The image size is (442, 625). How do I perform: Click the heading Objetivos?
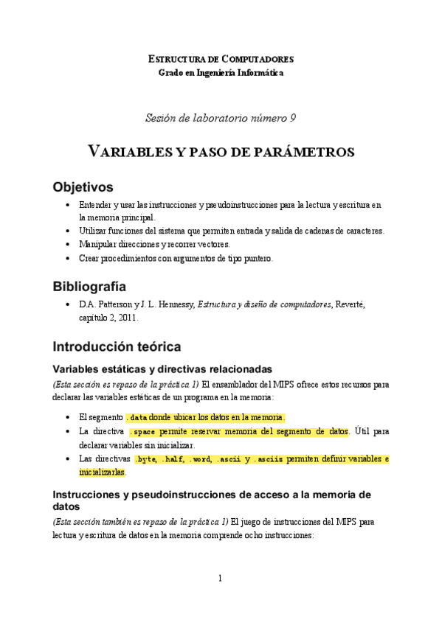pyautogui.click(x=82, y=186)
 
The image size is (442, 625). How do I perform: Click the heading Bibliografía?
pyautogui.click(x=89, y=286)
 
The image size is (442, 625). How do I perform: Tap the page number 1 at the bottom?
pyautogui.click(x=220, y=579)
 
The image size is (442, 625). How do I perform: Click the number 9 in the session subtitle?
pyautogui.click(x=293, y=117)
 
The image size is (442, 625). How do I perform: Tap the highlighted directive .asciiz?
pyautogui.click(x=269, y=459)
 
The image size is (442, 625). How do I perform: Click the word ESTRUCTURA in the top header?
pyautogui.click(x=175, y=58)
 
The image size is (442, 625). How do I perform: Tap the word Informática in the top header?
pyautogui.click(x=259, y=72)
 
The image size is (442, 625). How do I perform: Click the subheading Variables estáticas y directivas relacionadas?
pyautogui.click(x=162, y=369)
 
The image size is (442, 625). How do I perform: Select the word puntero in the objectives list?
pyautogui.click(x=257, y=258)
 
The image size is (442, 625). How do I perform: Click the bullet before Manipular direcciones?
pyautogui.click(x=69, y=244)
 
